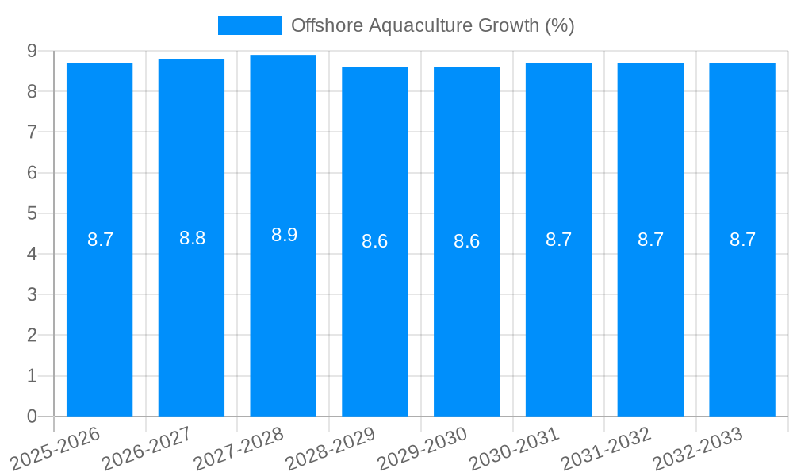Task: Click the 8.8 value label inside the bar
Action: click(x=192, y=238)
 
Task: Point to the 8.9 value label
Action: click(x=284, y=235)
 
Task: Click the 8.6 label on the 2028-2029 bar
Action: click(x=374, y=241)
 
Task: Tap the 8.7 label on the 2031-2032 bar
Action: click(x=650, y=240)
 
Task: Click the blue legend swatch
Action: click(x=249, y=25)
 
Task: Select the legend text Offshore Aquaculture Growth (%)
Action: click(x=432, y=25)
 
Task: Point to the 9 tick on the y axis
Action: click(x=32, y=51)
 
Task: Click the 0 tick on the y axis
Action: click(x=32, y=416)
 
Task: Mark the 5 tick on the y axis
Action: click(x=32, y=213)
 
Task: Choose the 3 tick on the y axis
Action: click(x=32, y=294)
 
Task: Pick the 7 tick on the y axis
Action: click(x=32, y=132)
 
